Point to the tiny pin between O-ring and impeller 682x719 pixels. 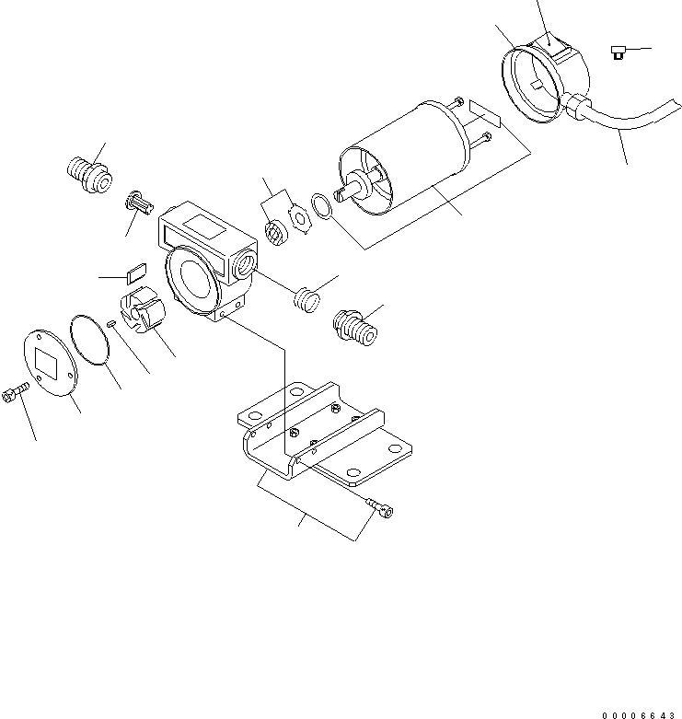(110, 322)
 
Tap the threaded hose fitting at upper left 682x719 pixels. (89, 172)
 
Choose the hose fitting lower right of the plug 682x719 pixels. (355, 328)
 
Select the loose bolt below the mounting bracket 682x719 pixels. (380, 504)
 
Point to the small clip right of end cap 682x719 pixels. (618, 52)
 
